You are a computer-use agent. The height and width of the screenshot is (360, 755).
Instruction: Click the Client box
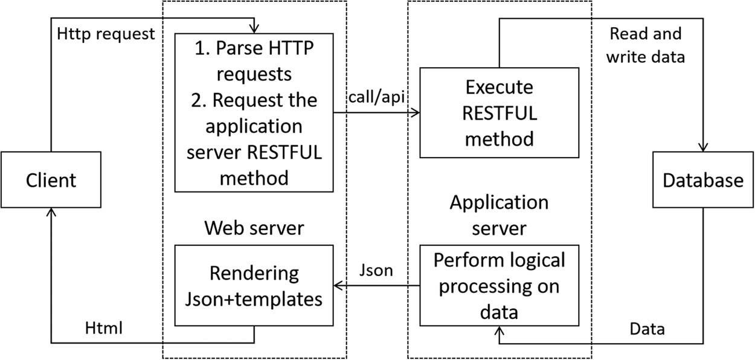click(x=51, y=179)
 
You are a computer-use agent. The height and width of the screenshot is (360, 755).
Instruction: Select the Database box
click(x=702, y=179)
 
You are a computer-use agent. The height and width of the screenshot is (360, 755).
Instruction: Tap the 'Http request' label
click(x=106, y=33)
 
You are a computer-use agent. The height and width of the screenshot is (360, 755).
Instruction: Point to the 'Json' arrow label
click(x=376, y=270)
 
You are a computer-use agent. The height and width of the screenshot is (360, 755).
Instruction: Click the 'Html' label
click(x=104, y=328)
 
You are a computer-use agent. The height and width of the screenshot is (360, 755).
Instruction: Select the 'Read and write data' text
click(x=645, y=45)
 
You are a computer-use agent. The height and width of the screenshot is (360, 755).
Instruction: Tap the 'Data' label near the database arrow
click(x=647, y=329)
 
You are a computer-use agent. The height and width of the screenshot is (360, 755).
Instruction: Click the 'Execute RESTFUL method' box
click(x=499, y=113)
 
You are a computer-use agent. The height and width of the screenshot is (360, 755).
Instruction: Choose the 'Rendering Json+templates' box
click(x=254, y=285)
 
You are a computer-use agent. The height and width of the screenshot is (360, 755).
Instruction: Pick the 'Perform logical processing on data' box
click(x=499, y=285)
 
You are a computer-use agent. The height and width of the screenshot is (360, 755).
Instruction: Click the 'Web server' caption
click(x=254, y=228)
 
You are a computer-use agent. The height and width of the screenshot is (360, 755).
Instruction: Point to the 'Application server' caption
click(x=499, y=215)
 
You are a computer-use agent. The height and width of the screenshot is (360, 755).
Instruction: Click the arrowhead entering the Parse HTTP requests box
click(x=254, y=29)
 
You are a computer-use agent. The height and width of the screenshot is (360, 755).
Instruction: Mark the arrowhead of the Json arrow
click(x=339, y=285)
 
